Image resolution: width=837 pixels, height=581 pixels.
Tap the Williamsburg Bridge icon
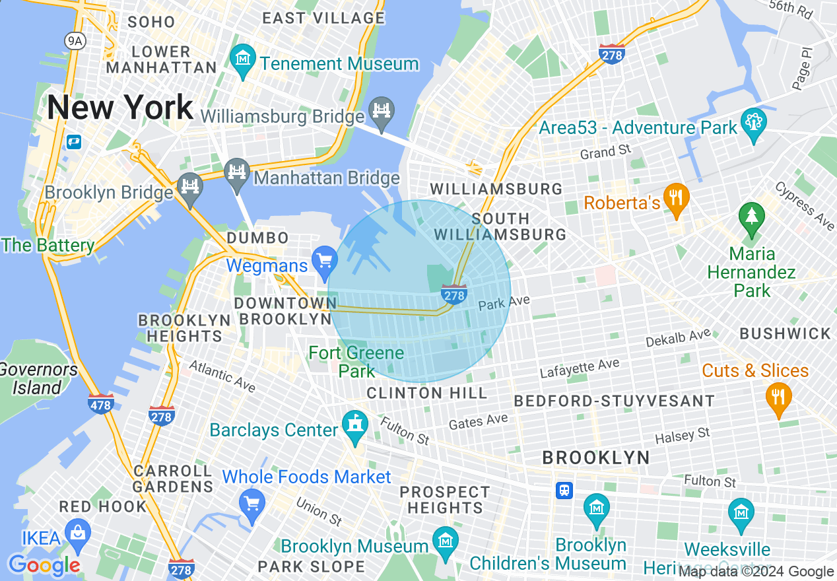click(x=382, y=110)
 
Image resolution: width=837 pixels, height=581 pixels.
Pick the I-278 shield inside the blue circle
click(x=454, y=294)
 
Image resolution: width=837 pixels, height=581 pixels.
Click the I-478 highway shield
click(x=100, y=403)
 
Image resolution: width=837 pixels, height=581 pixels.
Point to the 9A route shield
click(x=75, y=41)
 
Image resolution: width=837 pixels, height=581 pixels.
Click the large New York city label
click(x=119, y=107)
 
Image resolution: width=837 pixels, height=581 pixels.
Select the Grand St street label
click(x=606, y=153)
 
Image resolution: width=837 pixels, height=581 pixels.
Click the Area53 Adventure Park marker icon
click(x=753, y=123)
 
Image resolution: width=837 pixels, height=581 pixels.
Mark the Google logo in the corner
click(x=44, y=565)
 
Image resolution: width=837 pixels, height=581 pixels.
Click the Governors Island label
click(x=38, y=378)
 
